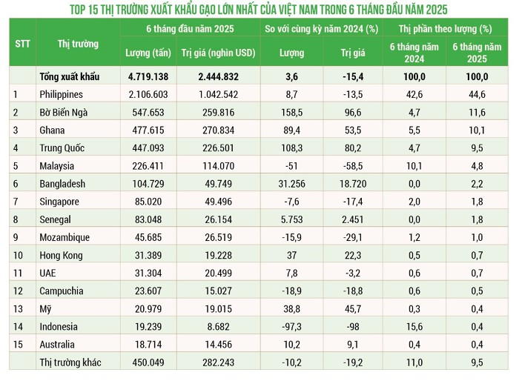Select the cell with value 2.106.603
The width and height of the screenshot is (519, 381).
(x=150, y=94)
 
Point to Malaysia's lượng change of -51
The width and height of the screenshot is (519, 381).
(x=291, y=166)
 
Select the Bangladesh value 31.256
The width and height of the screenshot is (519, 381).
(x=291, y=184)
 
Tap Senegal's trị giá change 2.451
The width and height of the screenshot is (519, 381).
(x=352, y=219)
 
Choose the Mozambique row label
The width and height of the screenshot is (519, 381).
(x=65, y=237)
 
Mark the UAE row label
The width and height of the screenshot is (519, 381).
(x=47, y=274)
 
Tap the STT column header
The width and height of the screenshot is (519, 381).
(x=22, y=42)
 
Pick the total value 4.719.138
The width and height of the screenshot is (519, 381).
(x=150, y=76)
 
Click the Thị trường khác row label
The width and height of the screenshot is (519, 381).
(x=70, y=362)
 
